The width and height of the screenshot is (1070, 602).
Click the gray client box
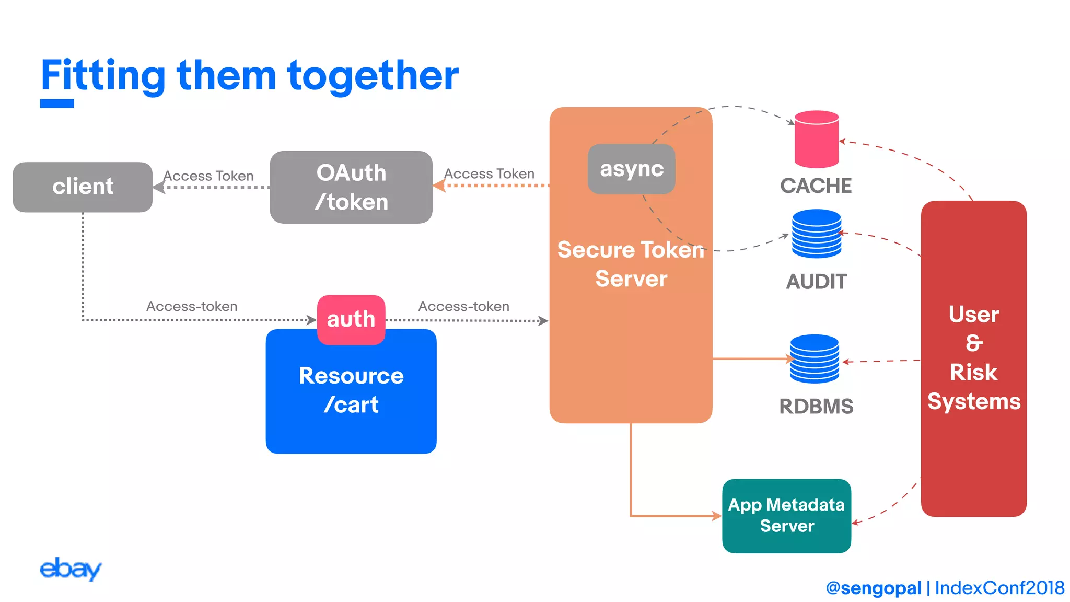pos(83,187)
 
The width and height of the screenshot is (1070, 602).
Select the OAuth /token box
pos(351,187)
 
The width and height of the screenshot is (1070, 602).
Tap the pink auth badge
pos(351,319)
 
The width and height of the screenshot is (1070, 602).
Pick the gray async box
pos(631,169)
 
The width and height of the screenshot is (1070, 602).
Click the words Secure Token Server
pos(631,264)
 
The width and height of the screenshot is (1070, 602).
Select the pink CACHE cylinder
pos(816,140)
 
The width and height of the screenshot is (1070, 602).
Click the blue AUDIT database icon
pos(816,234)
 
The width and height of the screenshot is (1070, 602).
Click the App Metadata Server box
pos(786,515)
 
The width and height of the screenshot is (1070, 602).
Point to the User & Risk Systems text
pos(973,358)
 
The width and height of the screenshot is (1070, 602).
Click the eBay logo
pos(70,569)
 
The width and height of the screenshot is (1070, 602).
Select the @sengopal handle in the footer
pos(873,588)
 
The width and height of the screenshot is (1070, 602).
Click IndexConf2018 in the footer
pos(999,588)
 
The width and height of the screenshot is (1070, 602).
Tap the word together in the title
pos(373,76)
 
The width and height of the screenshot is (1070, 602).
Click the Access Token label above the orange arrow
pos(489,173)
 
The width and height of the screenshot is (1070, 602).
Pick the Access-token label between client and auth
pos(192,306)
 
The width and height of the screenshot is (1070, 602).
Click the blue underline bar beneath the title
pos(57,103)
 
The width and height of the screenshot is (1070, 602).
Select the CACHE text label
pos(816,186)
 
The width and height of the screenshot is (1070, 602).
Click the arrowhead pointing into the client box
pos(158,187)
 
